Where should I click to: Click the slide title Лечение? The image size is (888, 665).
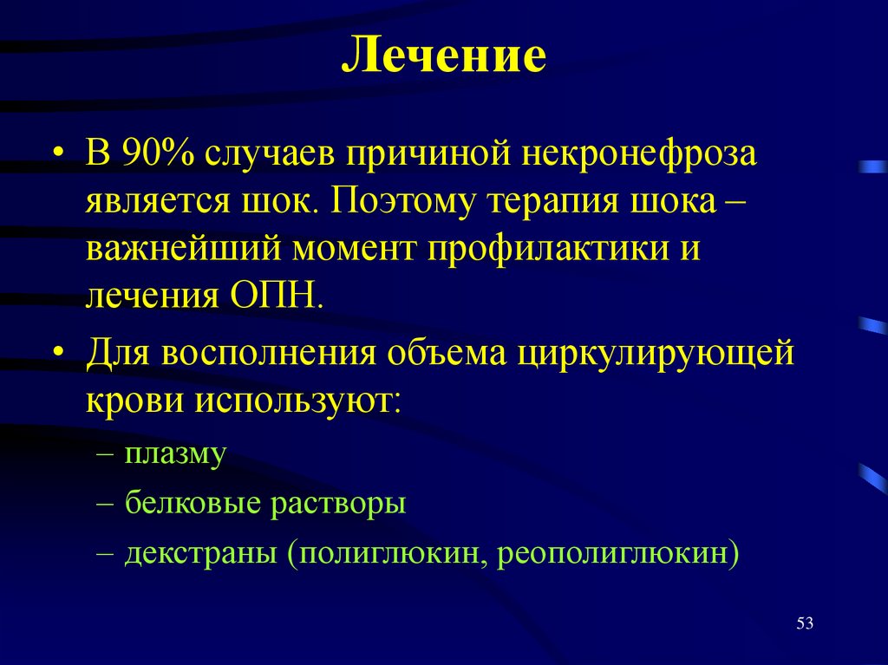443,57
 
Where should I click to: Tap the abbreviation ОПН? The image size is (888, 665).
277,296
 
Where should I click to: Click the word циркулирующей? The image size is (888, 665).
656,355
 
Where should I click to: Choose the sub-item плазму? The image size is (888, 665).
174,453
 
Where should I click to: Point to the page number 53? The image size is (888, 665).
804,623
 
